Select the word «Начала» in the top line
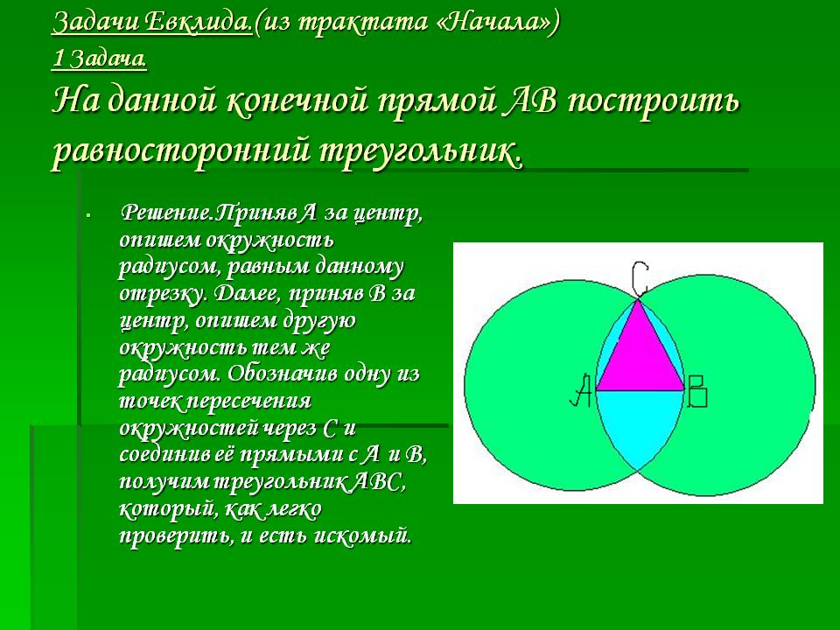pos(494,22)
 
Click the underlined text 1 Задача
pos(99,59)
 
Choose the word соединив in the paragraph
pos(165,455)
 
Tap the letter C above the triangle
pos(639,278)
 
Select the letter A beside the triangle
pos(581,390)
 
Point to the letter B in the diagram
pos(697,391)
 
